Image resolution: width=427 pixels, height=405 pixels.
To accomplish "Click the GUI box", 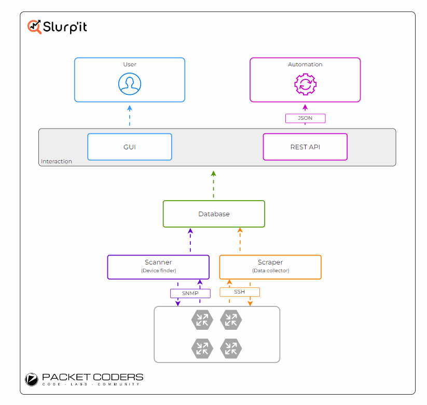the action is point(130,147).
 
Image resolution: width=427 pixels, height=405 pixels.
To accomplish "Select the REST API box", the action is point(305,147).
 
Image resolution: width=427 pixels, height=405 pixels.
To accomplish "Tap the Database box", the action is point(214,214).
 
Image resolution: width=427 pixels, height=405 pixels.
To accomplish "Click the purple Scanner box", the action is point(158,267).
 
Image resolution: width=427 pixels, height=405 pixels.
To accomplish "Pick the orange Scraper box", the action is point(270,267).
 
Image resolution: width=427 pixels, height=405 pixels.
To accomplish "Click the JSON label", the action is point(305,118).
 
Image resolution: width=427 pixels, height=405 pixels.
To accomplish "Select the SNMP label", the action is point(190,293).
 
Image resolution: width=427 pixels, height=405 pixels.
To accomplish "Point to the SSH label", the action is point(240,292).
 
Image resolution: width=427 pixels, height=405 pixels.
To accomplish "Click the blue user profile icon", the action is point(130,84).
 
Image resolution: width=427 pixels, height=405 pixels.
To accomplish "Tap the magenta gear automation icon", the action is point(305,84).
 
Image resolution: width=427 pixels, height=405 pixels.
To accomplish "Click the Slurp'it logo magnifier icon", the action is point(34,27).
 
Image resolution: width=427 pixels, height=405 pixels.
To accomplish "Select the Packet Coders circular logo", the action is point(32,380).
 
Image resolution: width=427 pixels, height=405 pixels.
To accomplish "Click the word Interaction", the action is point(57,161).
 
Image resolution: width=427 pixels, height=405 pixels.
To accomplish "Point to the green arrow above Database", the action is point(214,184).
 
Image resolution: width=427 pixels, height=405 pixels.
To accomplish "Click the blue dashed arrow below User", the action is point(130,116).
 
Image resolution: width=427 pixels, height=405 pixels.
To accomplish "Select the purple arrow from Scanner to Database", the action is point(190,240).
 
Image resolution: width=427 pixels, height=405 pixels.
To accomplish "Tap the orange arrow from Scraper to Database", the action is point(240,239).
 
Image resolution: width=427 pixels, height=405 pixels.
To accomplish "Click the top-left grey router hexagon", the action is point(202,320).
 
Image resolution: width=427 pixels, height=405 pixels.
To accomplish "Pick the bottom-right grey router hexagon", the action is point(231,348).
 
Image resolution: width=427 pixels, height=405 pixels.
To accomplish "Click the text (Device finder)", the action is point(158,271).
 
